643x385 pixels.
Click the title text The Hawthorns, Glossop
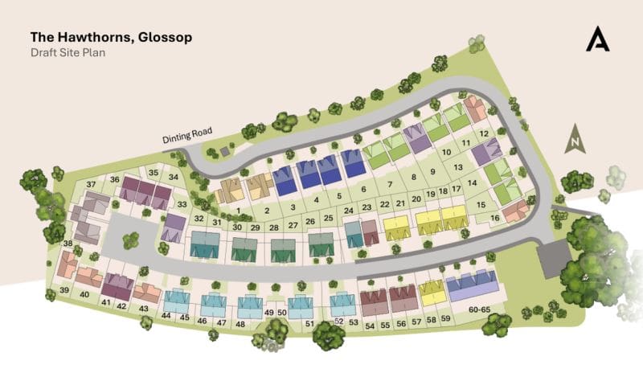point(111,37)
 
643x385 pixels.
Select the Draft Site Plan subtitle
point(68,52)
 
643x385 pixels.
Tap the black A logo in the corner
point(597,39)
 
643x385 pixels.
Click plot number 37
point(90,185)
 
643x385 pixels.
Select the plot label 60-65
point(480,309)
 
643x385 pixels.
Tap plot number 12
point(484,133)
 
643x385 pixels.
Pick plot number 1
point(239,210)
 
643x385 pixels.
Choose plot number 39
point(63,289)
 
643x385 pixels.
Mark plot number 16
point(495,218)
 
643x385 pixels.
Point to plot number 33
point(182,204)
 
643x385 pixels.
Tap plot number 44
point(166,316)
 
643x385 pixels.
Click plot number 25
point(328,218)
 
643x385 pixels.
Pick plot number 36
point(115,179)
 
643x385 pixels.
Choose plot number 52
point(338,321)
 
